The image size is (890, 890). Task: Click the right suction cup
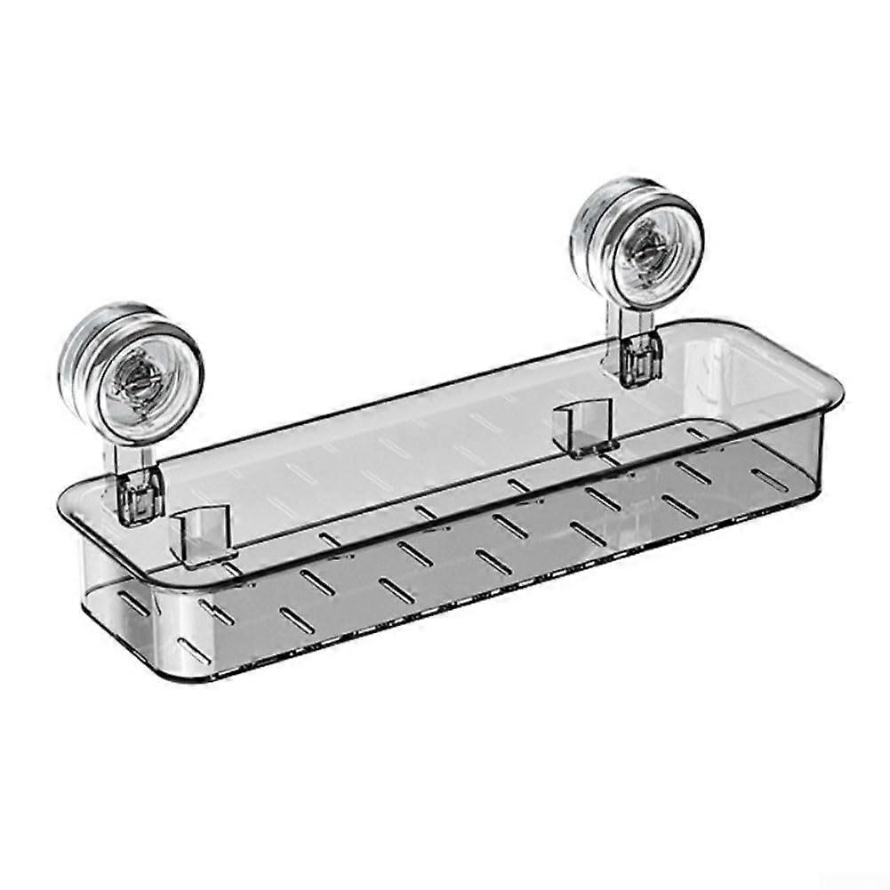(x=638, y=243)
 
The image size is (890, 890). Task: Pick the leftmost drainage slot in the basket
(x=133, y=604)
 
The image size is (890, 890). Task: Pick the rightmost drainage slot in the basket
(x=771, y=480)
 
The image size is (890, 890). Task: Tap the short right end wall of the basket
(x=805, y=445)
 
